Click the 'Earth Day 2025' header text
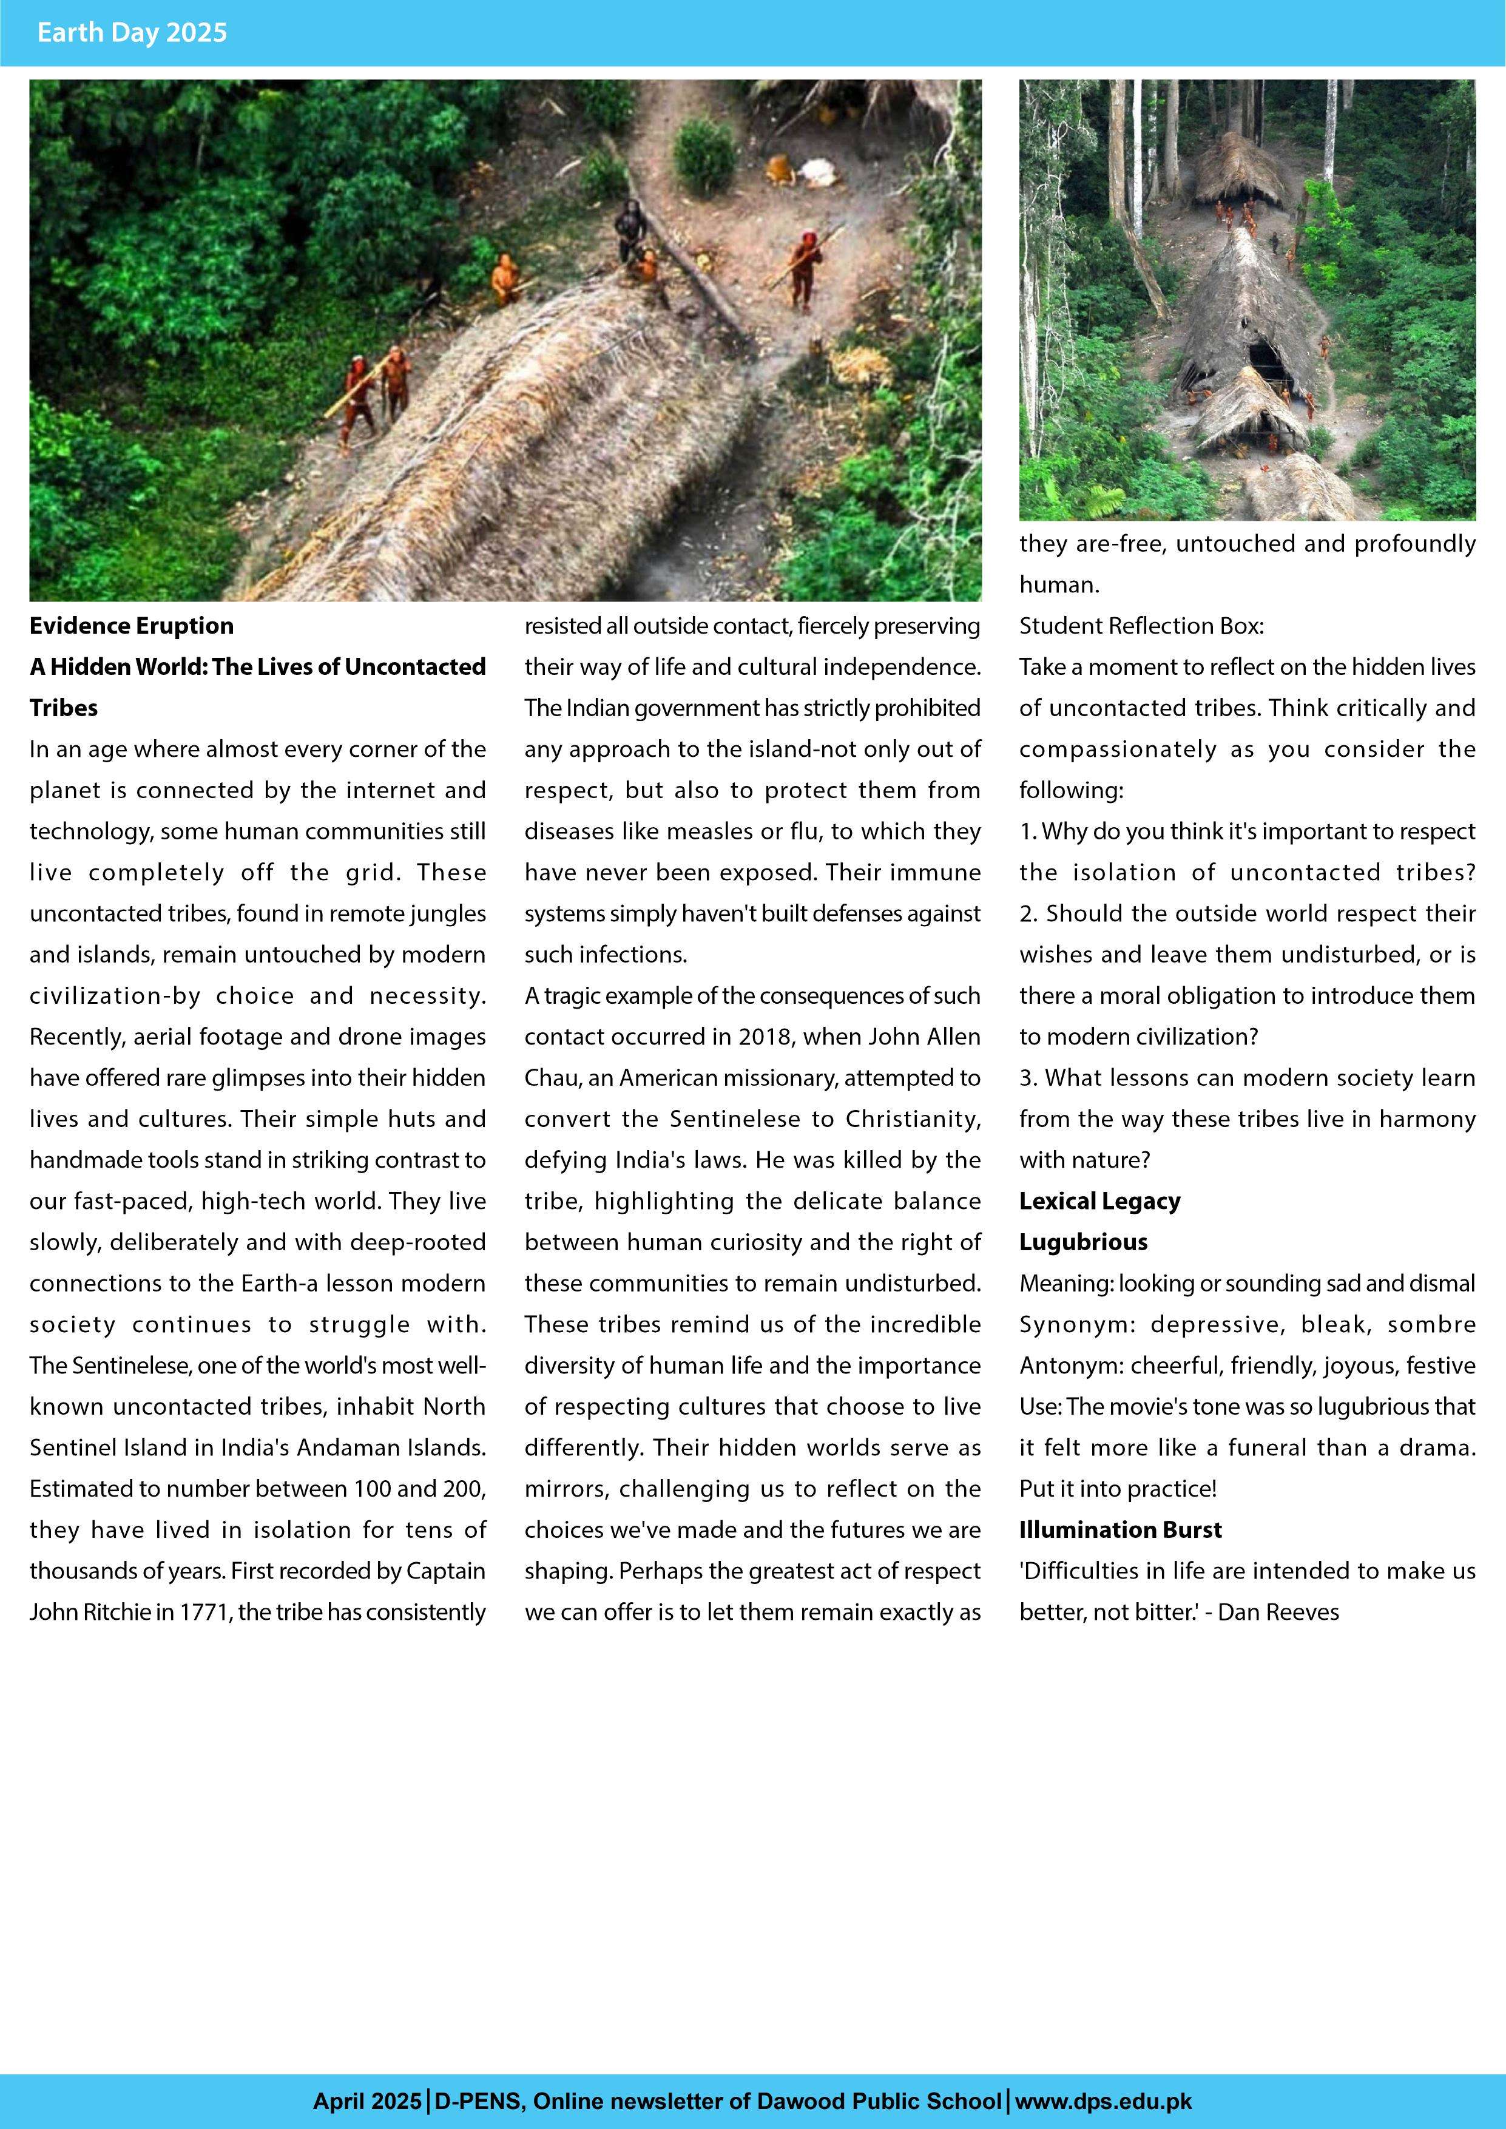point(132,32)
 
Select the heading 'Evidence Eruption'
point(132,626)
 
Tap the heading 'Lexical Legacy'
point(1099,1201)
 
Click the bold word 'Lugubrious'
point(1083,1242)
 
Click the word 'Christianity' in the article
point(913,1119)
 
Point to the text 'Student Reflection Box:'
point(1141,626)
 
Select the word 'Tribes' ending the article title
point(63,708)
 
